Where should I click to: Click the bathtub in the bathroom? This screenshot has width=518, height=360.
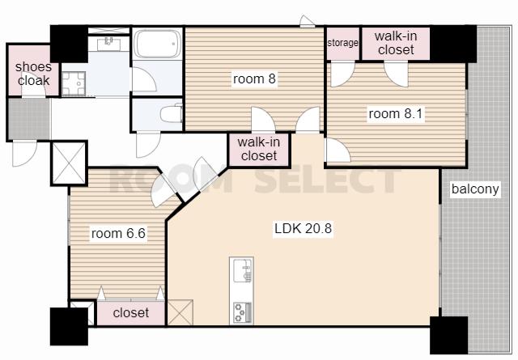coord(158,44)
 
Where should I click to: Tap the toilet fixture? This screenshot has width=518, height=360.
coord(172,113)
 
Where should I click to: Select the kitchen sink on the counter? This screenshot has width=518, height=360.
coord(243,270)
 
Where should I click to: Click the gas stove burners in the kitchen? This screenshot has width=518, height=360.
coord(243,312)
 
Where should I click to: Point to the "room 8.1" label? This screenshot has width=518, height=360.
coord(396,113)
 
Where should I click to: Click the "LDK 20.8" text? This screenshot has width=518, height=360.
coord(303,228)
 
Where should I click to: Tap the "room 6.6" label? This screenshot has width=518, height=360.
coord(118,234)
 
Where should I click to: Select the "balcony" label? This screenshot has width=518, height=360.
coord(475,189)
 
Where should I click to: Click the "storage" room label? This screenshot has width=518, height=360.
coord(342,43)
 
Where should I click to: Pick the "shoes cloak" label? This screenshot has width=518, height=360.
coord(33,74)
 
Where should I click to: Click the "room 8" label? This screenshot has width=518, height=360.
coord(254,79)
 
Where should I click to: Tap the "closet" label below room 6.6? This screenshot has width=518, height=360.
coord(131,312)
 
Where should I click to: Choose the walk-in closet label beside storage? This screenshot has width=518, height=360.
coord(396,43)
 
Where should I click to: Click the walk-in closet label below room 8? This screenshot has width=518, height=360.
coord(259,149)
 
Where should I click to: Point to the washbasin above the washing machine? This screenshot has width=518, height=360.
coord(108,44)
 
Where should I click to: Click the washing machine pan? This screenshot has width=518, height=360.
coord(74,83)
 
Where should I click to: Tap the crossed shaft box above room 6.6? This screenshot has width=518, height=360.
coord(69,163)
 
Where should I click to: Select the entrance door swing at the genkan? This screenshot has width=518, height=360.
coord(25,154)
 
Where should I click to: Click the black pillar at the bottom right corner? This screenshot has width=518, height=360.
coord(449,335)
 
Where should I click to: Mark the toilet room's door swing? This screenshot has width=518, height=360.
coord(148,145)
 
